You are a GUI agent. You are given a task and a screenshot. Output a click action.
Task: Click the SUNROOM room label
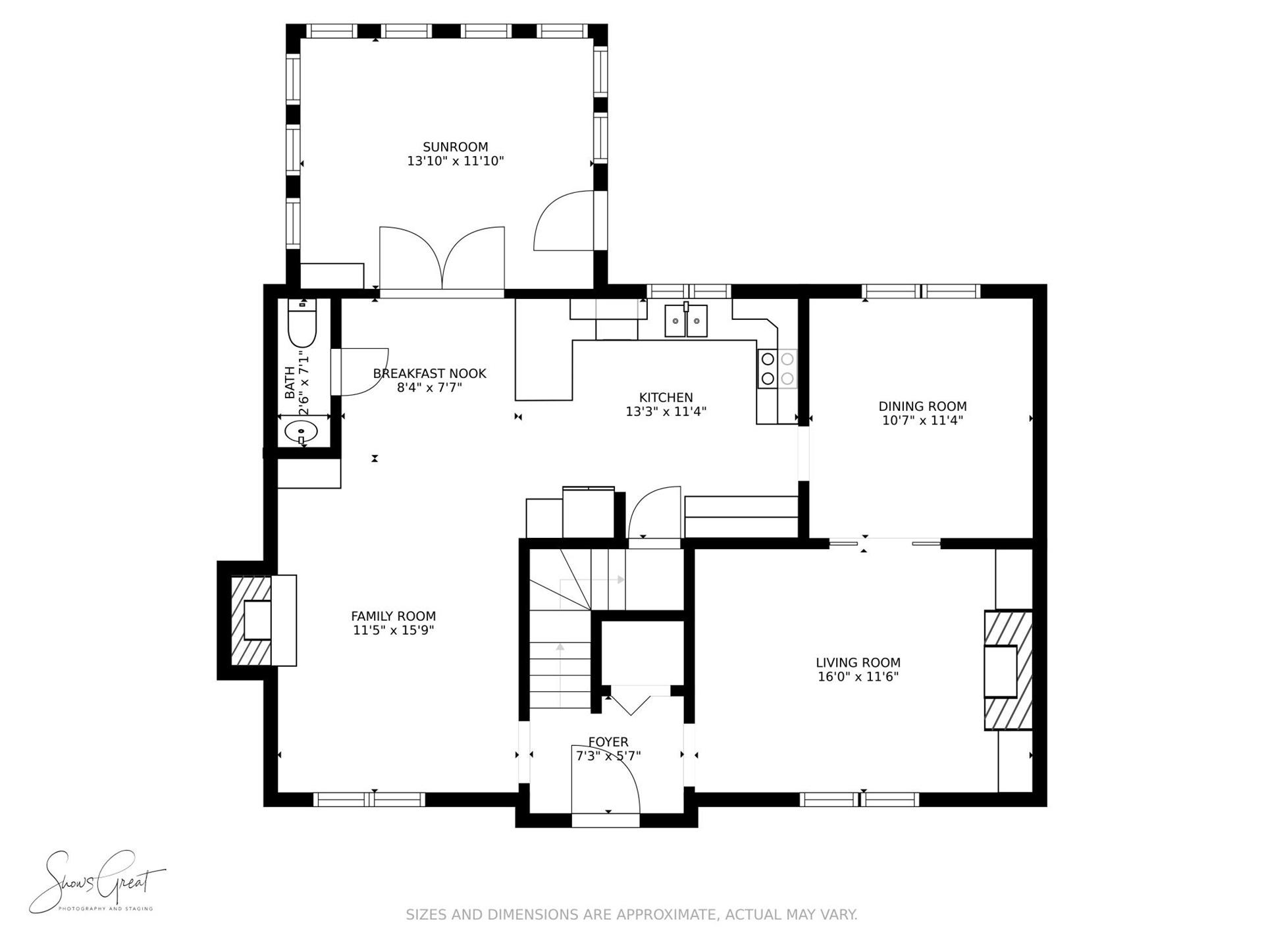tap(456, 147)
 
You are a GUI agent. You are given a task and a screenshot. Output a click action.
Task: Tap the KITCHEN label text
tap(666, 398)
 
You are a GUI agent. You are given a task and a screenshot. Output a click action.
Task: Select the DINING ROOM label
tap(922, 406)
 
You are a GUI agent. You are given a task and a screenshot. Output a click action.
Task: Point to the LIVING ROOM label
tap(858, 663)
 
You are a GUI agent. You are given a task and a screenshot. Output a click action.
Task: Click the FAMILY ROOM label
tap(393, 616)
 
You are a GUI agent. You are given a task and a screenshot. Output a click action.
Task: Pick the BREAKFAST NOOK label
tap(429, 374)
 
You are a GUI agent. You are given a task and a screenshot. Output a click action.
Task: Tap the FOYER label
tap(608, 742)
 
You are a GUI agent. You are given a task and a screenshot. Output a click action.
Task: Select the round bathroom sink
tap(302, 433)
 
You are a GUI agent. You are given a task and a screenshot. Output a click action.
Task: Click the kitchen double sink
tap(686, 321)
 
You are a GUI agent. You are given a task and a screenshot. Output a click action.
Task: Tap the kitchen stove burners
tap(777, 369)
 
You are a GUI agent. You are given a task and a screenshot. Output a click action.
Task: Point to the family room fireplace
tap(257, 620)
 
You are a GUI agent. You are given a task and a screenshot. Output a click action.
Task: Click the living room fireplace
tap(1008, 670)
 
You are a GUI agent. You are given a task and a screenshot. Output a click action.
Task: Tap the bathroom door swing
tap(360, 372)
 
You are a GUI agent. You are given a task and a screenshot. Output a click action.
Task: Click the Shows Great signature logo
tap(97, 882)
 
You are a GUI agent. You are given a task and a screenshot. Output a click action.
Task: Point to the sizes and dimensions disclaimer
tap(631, 914)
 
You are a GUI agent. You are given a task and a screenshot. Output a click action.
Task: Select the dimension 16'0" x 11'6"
tap(858, 677)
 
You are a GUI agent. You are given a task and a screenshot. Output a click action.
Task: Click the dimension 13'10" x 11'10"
tap(456, 161)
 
